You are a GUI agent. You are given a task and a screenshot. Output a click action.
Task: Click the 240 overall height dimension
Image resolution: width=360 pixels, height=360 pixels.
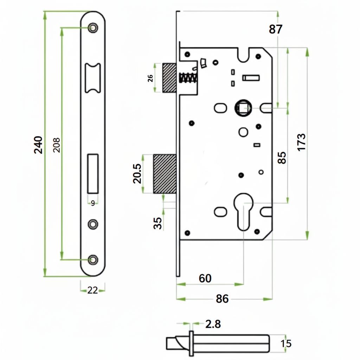click(38, 144)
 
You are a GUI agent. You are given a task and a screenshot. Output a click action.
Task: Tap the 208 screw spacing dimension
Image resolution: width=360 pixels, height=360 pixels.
click(57, 144)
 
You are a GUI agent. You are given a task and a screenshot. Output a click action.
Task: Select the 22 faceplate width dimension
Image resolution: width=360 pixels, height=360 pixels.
click(92, 290)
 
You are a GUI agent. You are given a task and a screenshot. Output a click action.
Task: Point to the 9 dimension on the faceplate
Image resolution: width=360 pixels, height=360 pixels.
click(93, 203)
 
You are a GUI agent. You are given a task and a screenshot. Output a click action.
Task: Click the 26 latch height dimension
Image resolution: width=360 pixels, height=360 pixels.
click(150, 78)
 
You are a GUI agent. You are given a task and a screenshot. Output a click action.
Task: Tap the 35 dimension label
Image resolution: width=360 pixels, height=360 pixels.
click(159, 223)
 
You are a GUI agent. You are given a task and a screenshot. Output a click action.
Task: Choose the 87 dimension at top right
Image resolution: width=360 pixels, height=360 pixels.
click(276, 30)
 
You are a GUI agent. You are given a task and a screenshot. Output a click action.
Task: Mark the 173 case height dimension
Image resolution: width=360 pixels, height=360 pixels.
click(301, 142)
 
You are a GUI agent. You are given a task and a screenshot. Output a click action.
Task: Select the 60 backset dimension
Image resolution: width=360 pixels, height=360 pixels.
click(205, 278)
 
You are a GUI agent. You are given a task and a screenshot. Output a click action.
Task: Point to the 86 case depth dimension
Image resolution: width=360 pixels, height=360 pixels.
click(222, 299)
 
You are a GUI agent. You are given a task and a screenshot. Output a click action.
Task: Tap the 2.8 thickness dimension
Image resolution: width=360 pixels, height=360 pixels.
click(213, 324)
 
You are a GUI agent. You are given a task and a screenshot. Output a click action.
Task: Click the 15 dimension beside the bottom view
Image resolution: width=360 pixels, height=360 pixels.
click(287, 343)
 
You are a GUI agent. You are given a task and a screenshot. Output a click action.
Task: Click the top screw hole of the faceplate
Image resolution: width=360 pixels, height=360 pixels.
click(93, 28)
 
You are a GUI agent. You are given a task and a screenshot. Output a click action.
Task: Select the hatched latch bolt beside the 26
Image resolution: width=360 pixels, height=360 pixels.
click(169, 78)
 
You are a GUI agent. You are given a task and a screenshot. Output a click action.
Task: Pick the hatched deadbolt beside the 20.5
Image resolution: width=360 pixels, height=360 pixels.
click(165, 174)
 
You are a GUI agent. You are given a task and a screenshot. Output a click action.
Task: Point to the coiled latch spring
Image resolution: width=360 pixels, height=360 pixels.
click(188, 78)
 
